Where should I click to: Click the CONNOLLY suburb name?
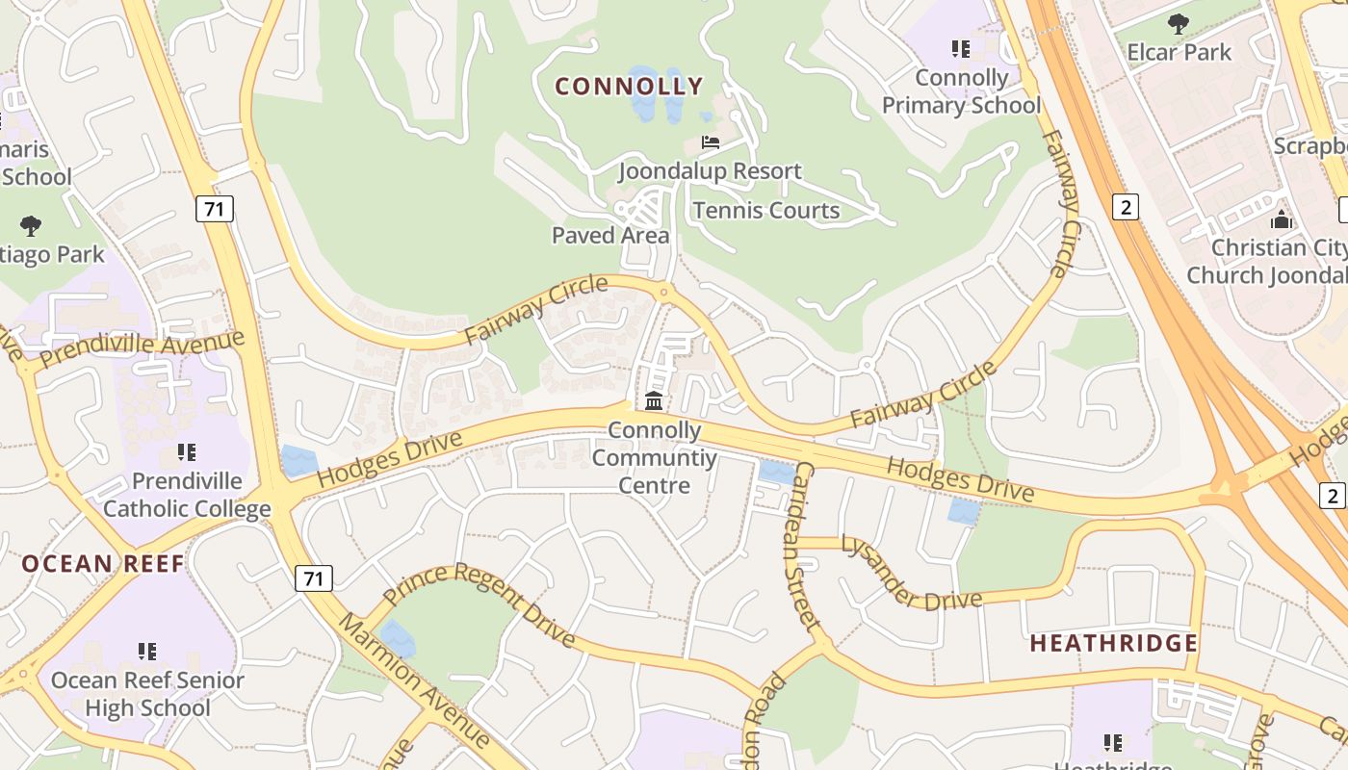(630, 87)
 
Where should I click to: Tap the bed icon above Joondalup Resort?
(711, 142)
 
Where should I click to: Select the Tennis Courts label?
(766, 211)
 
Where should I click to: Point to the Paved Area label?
(610, 235)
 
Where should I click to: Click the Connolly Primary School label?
(962, 91)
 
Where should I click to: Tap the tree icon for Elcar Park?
(1178, 24)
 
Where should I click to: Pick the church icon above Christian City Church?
(1281, 219)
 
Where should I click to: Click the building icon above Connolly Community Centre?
(654, 401)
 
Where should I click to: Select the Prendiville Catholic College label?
(187, 495)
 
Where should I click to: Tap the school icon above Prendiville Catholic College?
(187, 452)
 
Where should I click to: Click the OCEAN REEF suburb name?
(103, 564)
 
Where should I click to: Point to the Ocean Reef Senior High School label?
(147, 694)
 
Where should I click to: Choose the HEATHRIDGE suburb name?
(1114, 643)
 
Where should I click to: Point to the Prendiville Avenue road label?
(143, 351)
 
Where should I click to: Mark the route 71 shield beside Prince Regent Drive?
(313, 578)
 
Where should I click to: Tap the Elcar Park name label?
(1179, 52)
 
